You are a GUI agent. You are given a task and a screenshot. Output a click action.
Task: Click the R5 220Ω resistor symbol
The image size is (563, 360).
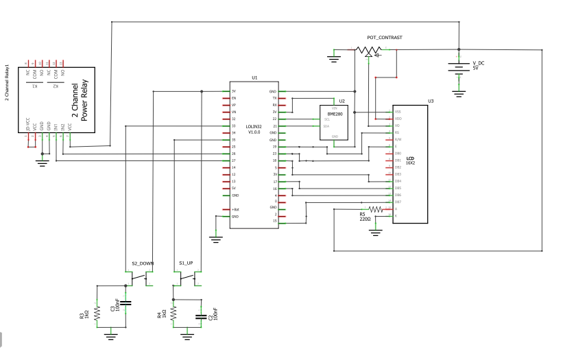click(376, 209)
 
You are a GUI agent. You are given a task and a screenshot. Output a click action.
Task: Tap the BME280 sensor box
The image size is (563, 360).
click(334, 123)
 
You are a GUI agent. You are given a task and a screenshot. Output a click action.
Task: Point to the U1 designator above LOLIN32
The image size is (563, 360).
click(254, 78)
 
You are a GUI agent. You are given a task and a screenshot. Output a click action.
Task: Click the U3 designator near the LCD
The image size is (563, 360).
click(431, 101)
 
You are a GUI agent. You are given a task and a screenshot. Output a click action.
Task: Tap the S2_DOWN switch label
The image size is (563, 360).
click(143, 263)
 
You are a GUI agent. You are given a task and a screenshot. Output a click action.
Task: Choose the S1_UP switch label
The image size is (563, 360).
click(187, 263)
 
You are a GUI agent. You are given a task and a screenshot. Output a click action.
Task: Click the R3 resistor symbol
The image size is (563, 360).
click(97, 313)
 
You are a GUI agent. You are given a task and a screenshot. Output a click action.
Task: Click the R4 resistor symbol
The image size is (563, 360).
click(173, 313)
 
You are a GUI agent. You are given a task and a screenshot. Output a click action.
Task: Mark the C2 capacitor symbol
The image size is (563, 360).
click(200, 316)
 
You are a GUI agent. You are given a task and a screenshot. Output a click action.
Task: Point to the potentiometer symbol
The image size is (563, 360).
click(369, 50)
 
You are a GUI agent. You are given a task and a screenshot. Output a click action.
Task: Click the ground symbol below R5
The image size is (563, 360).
click(376, 232)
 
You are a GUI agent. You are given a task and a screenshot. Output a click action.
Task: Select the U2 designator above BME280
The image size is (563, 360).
click(342, 101)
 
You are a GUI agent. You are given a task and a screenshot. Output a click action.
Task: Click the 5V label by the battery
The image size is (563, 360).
click(475, 68)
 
